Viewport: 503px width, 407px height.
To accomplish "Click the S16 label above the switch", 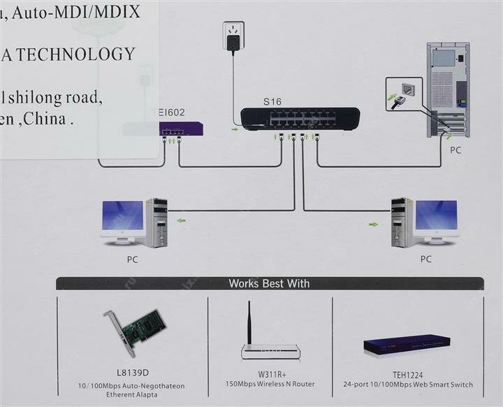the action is pos(272,101).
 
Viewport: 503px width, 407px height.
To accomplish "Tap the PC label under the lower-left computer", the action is pos(133,259).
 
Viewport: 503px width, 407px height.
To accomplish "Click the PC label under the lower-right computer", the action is pos(426,259).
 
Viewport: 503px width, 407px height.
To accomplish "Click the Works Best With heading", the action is pos(269,284).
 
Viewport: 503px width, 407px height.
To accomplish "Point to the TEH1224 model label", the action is pos(408,375).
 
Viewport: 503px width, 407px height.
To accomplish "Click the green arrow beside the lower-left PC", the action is pos(182,221).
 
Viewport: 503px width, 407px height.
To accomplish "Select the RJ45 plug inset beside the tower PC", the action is pos(404,94).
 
